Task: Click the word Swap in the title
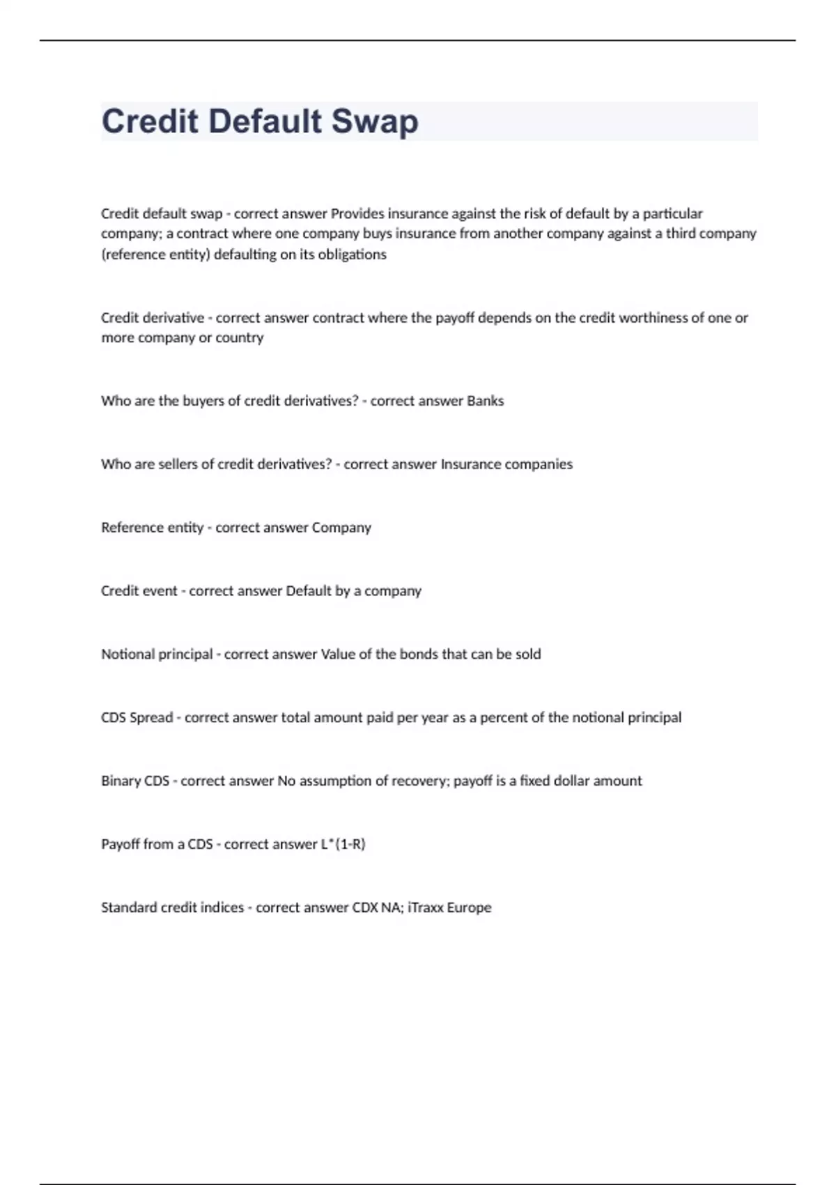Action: coord(375,122)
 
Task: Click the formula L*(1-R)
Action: coord(343,844)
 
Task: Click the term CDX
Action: coord(365,908)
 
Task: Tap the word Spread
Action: coord(152,717)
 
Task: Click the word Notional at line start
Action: coord(127,654)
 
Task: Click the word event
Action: coord(160,591)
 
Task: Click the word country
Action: coord(240,338)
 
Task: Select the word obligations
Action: coord(352,254)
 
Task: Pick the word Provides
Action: coord(357,213)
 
